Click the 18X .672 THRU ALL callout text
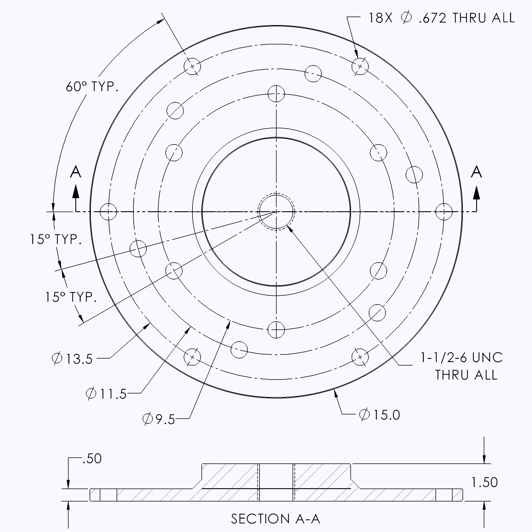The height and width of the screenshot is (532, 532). click(441, 18)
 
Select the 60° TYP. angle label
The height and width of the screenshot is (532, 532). click(92, 87)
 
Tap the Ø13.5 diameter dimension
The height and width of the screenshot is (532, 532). click(72, 359)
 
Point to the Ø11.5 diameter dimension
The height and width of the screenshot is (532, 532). click(106, 394)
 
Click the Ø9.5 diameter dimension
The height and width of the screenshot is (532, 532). click(159, 419)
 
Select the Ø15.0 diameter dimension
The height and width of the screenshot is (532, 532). click(380, 415)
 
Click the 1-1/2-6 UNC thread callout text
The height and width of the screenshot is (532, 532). click(461, 358)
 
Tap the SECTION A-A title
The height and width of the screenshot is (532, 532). click(275, 519)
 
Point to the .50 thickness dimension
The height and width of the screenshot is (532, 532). click(92, 459)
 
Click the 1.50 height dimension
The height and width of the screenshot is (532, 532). click(484, 482)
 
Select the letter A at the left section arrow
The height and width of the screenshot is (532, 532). click(76, 172)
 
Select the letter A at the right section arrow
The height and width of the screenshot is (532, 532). click(476, 172)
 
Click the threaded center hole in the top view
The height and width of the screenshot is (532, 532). click(276, 211)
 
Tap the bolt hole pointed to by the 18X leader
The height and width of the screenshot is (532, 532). click(360, 66)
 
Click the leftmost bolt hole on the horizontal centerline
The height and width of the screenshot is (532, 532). click(108, 212)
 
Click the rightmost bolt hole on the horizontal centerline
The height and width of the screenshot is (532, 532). click(444, 212)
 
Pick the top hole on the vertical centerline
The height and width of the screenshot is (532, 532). click(276, 93)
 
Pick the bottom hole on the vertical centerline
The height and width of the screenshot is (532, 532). click(276, 329)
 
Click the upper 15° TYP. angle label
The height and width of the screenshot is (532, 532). click(56, 239)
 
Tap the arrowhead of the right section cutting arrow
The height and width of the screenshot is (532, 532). click(476, 192)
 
